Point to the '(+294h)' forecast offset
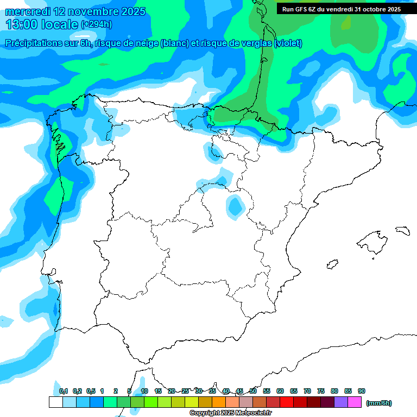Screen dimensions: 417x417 96,24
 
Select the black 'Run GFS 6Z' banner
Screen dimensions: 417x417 341,9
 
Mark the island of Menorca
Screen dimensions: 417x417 402,230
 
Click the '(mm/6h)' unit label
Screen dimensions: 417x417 379,403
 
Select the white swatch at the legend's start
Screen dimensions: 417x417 55,402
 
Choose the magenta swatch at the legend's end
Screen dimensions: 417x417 355,402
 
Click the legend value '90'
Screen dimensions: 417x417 362,391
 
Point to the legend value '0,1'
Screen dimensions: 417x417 64,391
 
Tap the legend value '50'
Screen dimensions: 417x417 253,391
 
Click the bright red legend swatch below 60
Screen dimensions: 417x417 287,402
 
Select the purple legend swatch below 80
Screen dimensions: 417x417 341,402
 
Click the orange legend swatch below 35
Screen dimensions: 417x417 219,402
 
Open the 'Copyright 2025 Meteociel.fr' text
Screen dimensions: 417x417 230,413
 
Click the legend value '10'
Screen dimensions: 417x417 144,391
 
